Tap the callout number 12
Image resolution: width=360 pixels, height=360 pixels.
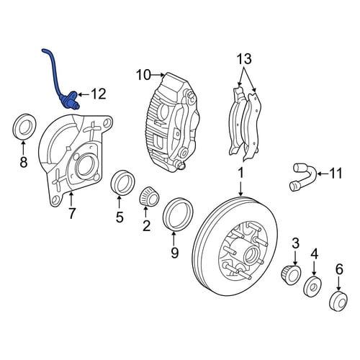click(98, 94)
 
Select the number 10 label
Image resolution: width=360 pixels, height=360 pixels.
click(143, 75)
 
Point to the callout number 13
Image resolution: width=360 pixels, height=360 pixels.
click(244, 59)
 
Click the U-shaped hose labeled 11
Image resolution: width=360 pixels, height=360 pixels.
click(303, 176)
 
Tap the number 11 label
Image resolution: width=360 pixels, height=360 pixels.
click(336, 174)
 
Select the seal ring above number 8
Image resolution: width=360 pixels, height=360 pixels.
click(24, 127)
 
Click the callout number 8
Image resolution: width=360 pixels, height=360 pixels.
click(23, 162)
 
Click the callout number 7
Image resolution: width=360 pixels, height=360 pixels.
click(72, 213)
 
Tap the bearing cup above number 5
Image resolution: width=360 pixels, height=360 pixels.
click(122, 183)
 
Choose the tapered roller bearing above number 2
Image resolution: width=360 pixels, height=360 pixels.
click(149, 197)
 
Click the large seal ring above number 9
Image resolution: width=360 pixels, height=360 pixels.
click(178, 215)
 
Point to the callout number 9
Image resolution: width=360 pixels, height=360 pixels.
click(174, 252)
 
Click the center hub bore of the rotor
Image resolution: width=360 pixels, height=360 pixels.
click(251, 255)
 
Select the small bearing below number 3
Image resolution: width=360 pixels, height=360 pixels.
click(291, 275)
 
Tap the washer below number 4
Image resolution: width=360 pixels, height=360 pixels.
click(312, 287)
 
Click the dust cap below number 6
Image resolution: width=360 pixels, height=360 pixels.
click(338, 300)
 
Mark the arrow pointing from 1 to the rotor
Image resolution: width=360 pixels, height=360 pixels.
click(240, 188)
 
